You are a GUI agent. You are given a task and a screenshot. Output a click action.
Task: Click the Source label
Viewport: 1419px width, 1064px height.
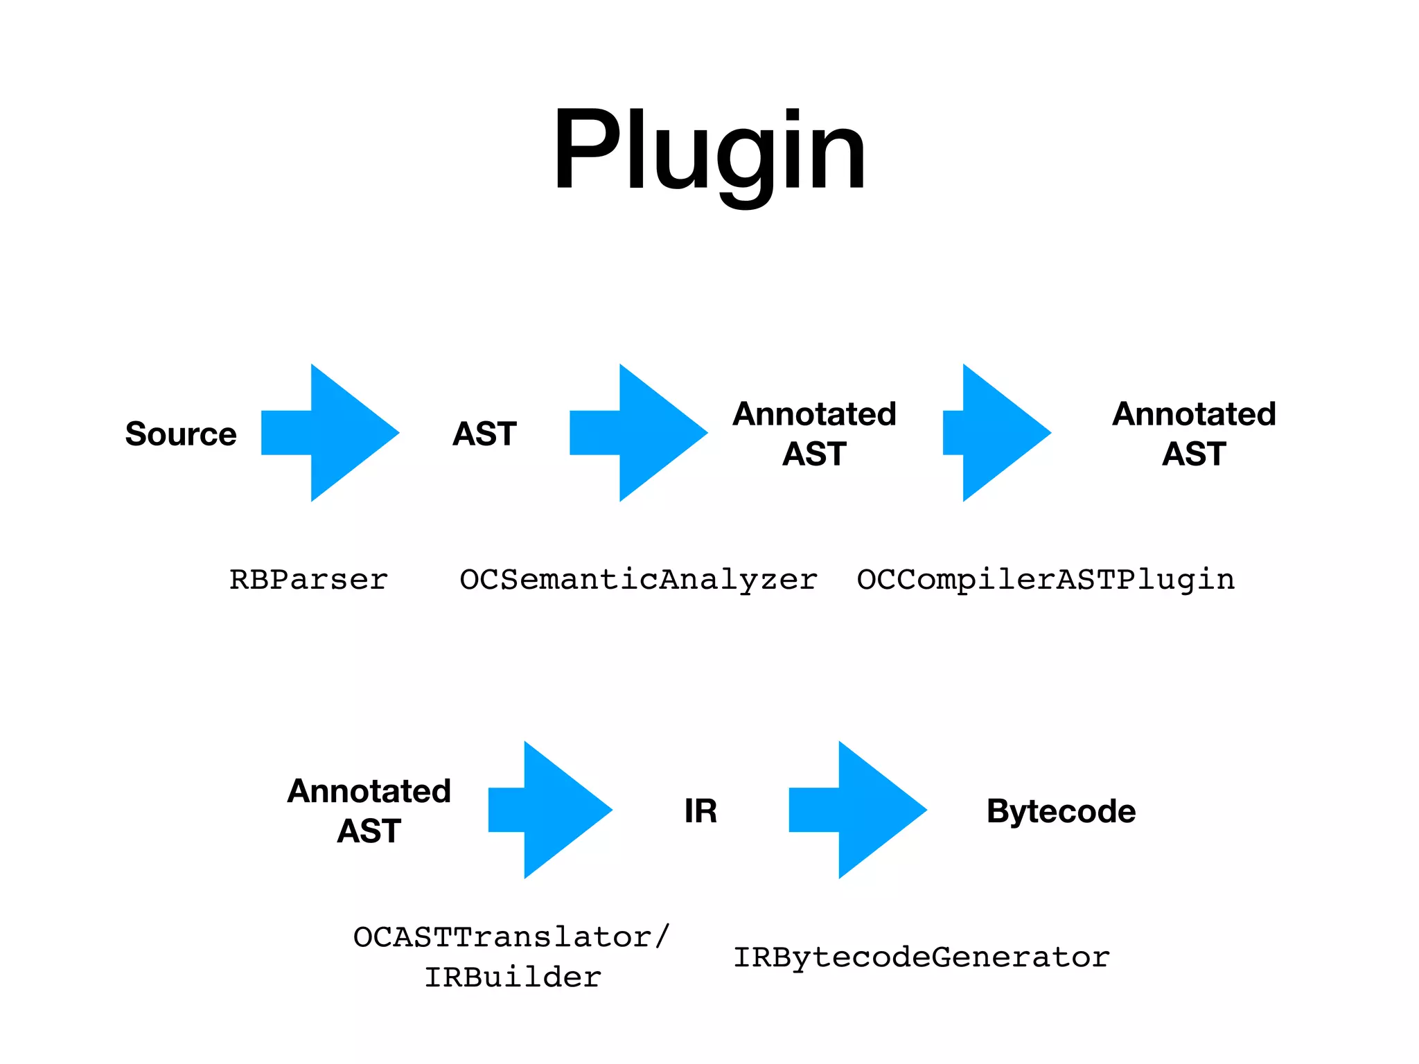pos(181,434)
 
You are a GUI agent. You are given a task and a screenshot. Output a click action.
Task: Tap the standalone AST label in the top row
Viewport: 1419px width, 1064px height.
pos(484,434)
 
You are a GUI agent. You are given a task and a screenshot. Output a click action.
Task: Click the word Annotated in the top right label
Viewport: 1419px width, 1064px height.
pos(1194,414)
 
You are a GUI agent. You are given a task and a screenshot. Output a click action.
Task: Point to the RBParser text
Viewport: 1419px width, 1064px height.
pos(308,579)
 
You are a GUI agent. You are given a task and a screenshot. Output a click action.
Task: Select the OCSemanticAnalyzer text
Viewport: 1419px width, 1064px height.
pos(638,579)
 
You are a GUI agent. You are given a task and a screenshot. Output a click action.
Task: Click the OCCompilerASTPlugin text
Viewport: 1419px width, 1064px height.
pos(1046,579)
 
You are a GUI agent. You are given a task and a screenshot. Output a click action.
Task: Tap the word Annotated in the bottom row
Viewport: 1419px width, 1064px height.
pos(369,791)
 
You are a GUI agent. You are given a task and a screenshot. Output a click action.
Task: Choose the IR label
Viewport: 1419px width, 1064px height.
pos(700,811)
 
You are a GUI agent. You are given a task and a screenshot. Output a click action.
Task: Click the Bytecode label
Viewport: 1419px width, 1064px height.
pos(1061,811)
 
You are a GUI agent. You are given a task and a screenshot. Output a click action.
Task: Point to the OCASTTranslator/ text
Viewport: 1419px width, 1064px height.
pos(511,937)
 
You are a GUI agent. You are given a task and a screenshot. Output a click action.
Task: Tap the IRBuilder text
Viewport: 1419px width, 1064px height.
pos(513,977)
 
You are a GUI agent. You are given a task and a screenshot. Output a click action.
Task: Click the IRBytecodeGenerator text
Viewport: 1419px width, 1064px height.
pos(922,957)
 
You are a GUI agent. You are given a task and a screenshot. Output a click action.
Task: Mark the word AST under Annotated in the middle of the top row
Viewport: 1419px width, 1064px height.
pos(814,454)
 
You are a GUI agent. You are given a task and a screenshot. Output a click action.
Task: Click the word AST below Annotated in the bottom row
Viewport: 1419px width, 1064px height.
pos(369,831)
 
